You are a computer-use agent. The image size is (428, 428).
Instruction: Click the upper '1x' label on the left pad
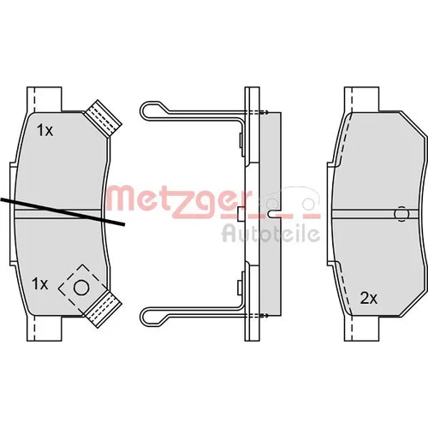click(x=45, y=131)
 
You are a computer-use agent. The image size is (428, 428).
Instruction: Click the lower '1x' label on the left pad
click(x=40, y=284)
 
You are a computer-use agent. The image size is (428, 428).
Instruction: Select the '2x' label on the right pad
click(x=369, y=299)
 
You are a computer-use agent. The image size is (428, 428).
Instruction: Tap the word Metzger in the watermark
click(x=180, y=201)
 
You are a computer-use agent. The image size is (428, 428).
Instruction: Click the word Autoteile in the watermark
click(x=267, y=234)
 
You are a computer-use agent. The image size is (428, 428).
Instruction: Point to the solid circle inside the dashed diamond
click(x=81, y=288)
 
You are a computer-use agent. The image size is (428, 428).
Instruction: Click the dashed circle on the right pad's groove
click(x=401, y=213)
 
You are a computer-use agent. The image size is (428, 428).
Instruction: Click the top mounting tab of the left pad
click(x=45, y=99)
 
